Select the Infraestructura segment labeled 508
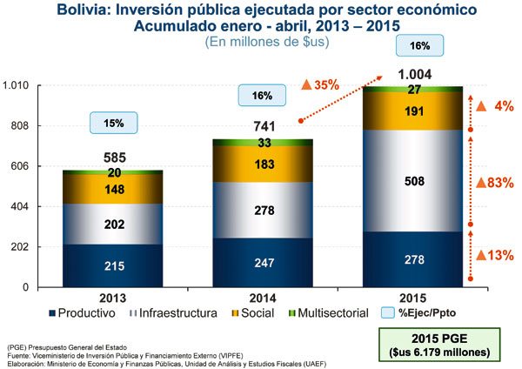(413, 181)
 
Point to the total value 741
(262, 126)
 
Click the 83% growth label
(496, 182)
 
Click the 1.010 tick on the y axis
(17, 85)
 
